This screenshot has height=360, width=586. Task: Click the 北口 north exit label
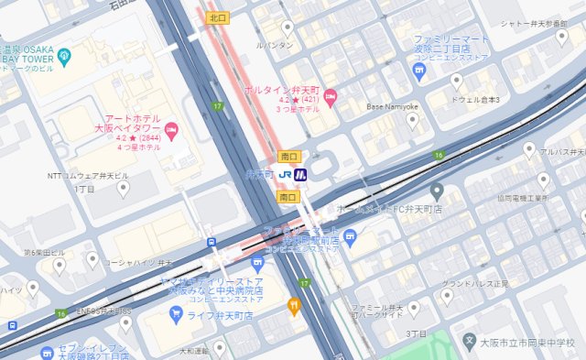point(218,16)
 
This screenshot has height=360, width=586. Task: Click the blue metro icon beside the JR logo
point(300,174)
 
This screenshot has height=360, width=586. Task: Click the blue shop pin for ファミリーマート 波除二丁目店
point(420,68)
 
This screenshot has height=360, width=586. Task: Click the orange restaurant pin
point(294,306)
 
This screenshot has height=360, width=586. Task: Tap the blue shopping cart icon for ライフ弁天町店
point(175,315)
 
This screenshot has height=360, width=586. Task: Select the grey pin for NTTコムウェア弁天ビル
point(125,190)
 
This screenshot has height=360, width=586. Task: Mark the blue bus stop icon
point(212,243)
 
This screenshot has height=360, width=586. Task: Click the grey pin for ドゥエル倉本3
point(456,81)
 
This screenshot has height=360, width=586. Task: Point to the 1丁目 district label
point(84,188)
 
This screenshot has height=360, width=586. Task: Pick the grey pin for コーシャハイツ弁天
point(92,260)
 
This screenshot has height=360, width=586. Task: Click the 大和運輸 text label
point(194,349)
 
